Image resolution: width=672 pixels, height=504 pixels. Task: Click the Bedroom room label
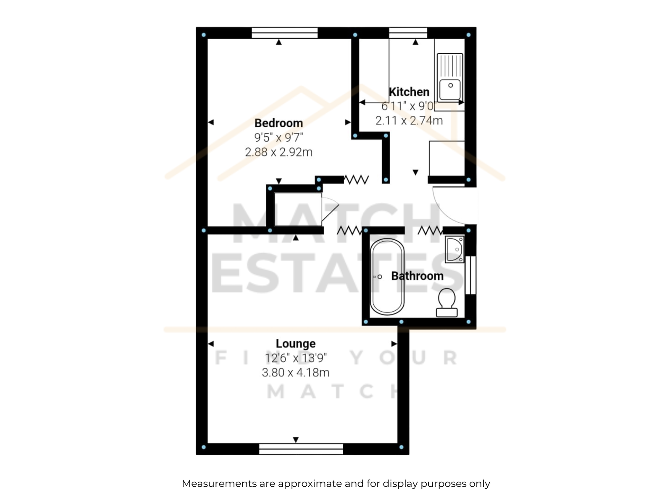278,123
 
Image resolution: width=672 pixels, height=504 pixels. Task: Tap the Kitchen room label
409,92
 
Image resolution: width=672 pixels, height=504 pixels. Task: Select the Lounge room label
295,344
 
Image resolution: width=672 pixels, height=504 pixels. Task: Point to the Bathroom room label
417,276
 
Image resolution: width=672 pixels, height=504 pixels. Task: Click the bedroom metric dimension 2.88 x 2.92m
278,152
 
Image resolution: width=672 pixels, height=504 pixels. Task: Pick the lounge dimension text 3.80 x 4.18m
295,373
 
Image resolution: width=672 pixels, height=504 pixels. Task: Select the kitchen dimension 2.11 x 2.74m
409,121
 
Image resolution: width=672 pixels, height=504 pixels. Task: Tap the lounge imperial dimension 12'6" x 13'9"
295,358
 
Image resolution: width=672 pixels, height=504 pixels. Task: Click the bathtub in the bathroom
387,277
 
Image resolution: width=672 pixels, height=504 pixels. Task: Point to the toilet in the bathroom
447,302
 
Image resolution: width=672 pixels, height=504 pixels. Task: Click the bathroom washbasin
454,249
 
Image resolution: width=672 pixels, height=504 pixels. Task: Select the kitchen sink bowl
450,89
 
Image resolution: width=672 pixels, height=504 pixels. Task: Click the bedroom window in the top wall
284,33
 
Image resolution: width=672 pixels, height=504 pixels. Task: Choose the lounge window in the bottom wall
301,449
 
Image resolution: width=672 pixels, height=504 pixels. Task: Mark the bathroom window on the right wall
470,275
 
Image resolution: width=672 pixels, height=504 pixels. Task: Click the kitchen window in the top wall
408,33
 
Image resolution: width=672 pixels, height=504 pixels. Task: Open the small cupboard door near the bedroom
330,209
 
